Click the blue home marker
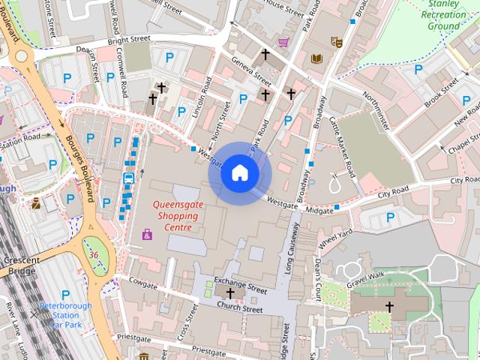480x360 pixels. coord(239,173)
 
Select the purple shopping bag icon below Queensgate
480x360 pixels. coord(147,235)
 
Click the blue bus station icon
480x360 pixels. coord(128,178)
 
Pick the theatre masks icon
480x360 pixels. coord(336,43)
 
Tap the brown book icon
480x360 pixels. coord(316,58)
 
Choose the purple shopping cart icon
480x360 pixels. coord(283,42)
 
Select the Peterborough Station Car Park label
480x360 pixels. coord(66,315)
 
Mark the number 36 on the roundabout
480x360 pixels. coord(94,255)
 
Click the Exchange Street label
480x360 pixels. coord(240,287)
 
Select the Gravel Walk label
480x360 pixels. coord(365,277)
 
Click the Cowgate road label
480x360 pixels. coord(142,283)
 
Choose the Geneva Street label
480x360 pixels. coord(251,70)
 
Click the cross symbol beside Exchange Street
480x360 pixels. coord(229,292)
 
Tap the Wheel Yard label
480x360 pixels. coord(334,240)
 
